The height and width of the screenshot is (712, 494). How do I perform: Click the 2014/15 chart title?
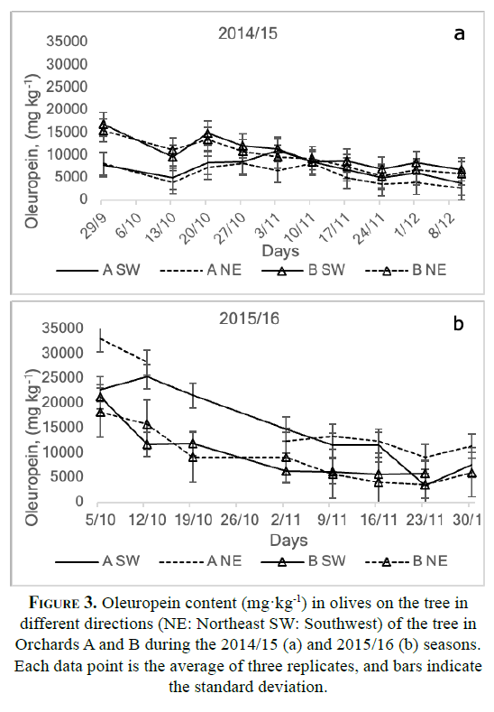click(248, 33)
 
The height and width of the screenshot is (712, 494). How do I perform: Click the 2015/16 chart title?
click(249, 319)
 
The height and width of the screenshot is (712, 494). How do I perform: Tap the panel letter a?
click(459, 33)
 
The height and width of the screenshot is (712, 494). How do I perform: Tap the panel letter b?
click(459, 323)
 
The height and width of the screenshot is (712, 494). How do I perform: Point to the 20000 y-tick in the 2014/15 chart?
click(67, 109)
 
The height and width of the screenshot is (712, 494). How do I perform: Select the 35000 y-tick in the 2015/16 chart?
click(62, 328)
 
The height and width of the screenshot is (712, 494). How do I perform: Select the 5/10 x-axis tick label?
click(101, 519)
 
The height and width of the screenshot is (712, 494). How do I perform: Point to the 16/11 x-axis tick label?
click(379, 519)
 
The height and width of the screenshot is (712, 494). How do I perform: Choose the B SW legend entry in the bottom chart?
click(303, 561)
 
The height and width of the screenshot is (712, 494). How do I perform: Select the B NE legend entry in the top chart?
click(406, 270)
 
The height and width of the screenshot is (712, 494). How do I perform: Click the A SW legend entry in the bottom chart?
click(97, 561)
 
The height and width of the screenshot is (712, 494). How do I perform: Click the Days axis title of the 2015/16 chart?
click(288, 541)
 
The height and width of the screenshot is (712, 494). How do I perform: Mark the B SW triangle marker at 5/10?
click(100, 398)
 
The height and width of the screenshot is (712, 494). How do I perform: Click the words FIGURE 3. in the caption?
click(63, 603)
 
